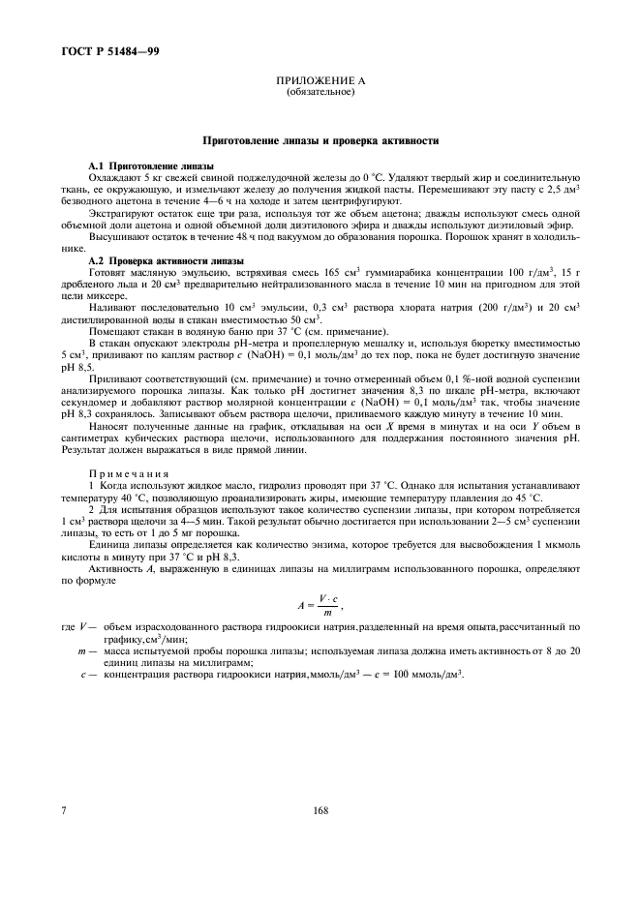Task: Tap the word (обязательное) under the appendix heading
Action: tap(320, 93)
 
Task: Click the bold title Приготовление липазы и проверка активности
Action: tap(320, 141)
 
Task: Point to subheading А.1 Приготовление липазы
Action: tap(151, 167)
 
